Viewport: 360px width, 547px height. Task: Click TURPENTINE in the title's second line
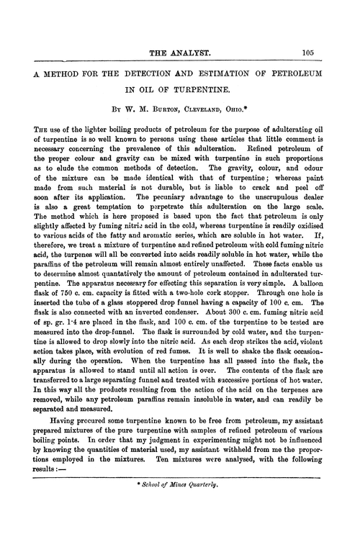pyautogui.click(x=205, y=92)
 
